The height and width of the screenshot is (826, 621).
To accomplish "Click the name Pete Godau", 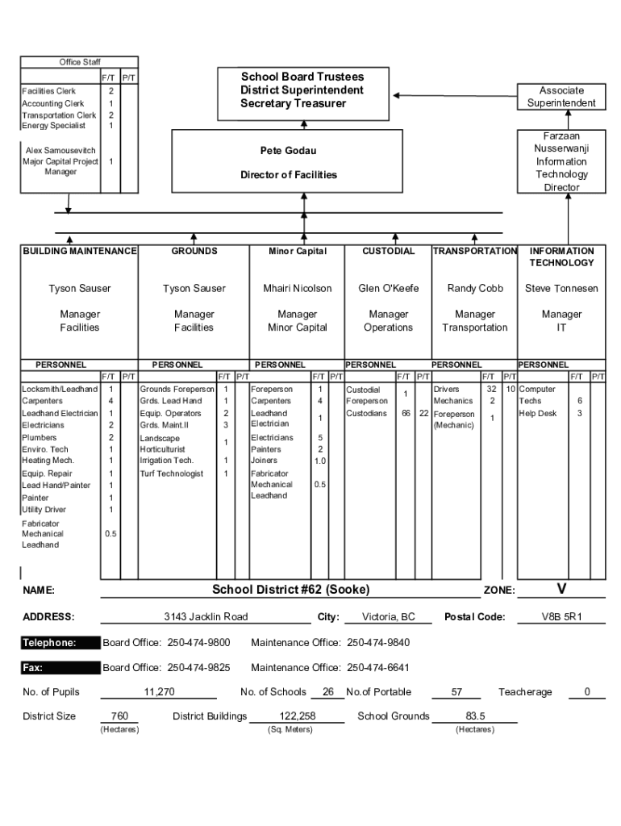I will [288, 151].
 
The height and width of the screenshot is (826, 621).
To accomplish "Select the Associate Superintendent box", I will [561, 97].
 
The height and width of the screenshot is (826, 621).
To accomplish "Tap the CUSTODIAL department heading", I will [388, 252].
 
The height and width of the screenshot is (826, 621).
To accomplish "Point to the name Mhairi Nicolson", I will [297, 289].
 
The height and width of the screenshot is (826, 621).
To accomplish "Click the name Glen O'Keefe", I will [388, 289].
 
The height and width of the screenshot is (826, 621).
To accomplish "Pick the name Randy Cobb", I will [475, 289].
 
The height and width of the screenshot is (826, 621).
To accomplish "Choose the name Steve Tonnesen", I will [561, 289].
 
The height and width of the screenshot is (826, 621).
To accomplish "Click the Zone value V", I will [561, 589].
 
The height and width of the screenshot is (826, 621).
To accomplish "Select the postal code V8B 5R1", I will [561, 617].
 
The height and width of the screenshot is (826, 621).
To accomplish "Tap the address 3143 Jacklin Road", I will [206, 617].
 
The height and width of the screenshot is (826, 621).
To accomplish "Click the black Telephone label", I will [49, 643].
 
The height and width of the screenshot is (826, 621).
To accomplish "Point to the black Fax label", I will [33, 668].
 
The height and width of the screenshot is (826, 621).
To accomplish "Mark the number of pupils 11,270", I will [159, 692].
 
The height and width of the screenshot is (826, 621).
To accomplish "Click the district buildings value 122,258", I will [297, 716].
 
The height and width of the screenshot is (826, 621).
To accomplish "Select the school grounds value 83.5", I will [475, 716].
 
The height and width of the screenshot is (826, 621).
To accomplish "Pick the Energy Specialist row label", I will [53, 126].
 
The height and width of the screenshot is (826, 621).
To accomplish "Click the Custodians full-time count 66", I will [406, 414].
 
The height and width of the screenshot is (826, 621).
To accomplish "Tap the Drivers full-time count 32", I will [491, 389].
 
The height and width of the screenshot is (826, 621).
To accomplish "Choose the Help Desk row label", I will [538, 414].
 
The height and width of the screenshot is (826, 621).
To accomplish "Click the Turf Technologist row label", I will [171, 473].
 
